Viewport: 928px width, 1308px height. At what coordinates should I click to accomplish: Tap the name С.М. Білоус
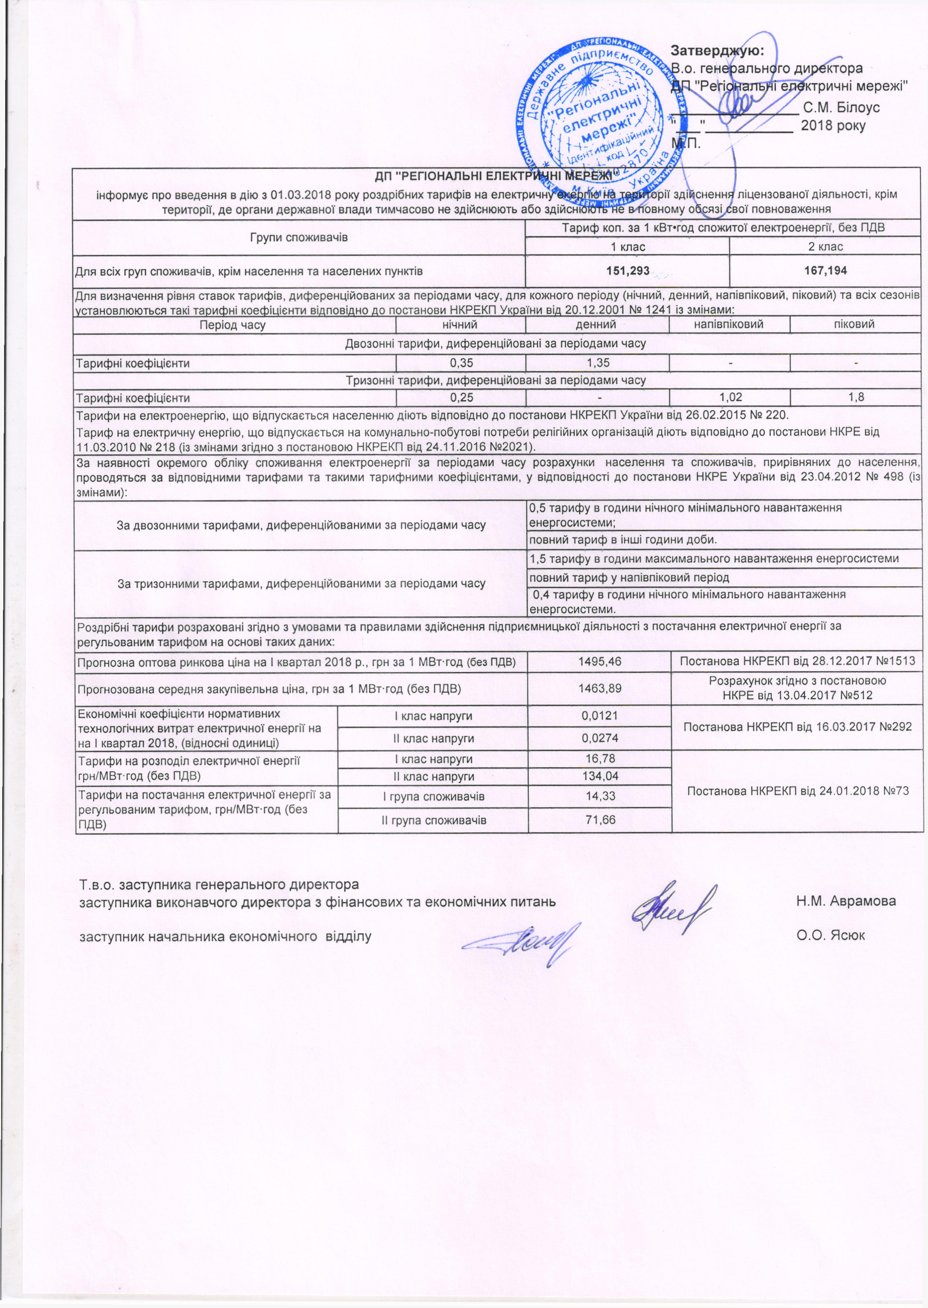click(841, 107)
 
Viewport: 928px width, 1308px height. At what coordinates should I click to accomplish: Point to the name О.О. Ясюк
click(831, 935)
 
